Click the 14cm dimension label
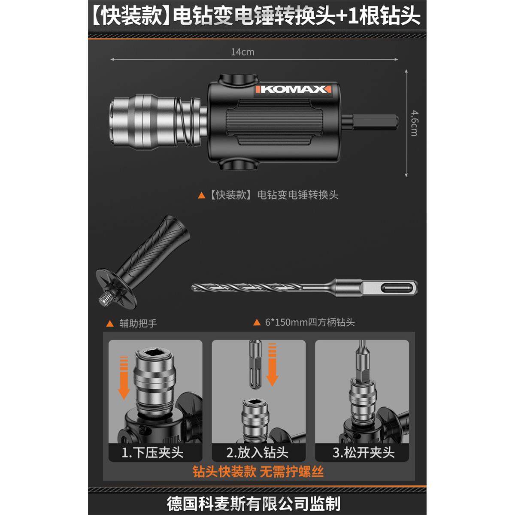click(242, 52)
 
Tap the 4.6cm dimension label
click(413, 123)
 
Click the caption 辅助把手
click(138, 323)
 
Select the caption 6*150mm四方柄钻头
click(309, 322)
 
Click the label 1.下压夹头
click(153, 452)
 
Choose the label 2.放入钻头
click(257, 452)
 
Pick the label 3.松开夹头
click(363, 452)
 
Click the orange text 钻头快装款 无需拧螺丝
click(258, 472)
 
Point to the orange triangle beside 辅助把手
click(110, 323)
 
